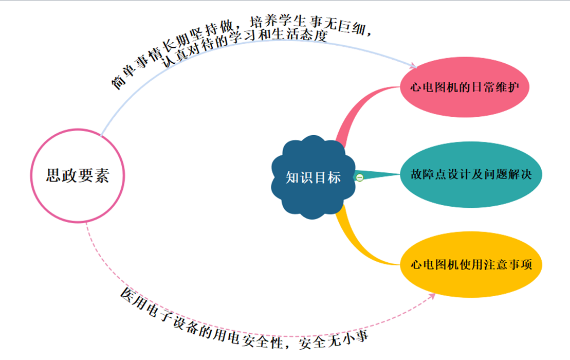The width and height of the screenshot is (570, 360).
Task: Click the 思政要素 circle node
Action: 78,176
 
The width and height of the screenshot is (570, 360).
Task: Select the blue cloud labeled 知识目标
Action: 313,177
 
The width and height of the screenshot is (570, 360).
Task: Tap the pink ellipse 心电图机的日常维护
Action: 465,87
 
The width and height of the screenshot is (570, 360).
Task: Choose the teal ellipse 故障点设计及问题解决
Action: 470,175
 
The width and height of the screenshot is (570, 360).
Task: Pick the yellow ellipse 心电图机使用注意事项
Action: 470,265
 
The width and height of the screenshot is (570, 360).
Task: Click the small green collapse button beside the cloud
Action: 359,177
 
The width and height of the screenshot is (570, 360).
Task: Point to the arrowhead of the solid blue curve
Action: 414,66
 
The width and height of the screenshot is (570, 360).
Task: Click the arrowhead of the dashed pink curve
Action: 433,295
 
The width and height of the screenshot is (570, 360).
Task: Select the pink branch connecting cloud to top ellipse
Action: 355,113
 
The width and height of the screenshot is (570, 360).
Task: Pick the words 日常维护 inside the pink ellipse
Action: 493,87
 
